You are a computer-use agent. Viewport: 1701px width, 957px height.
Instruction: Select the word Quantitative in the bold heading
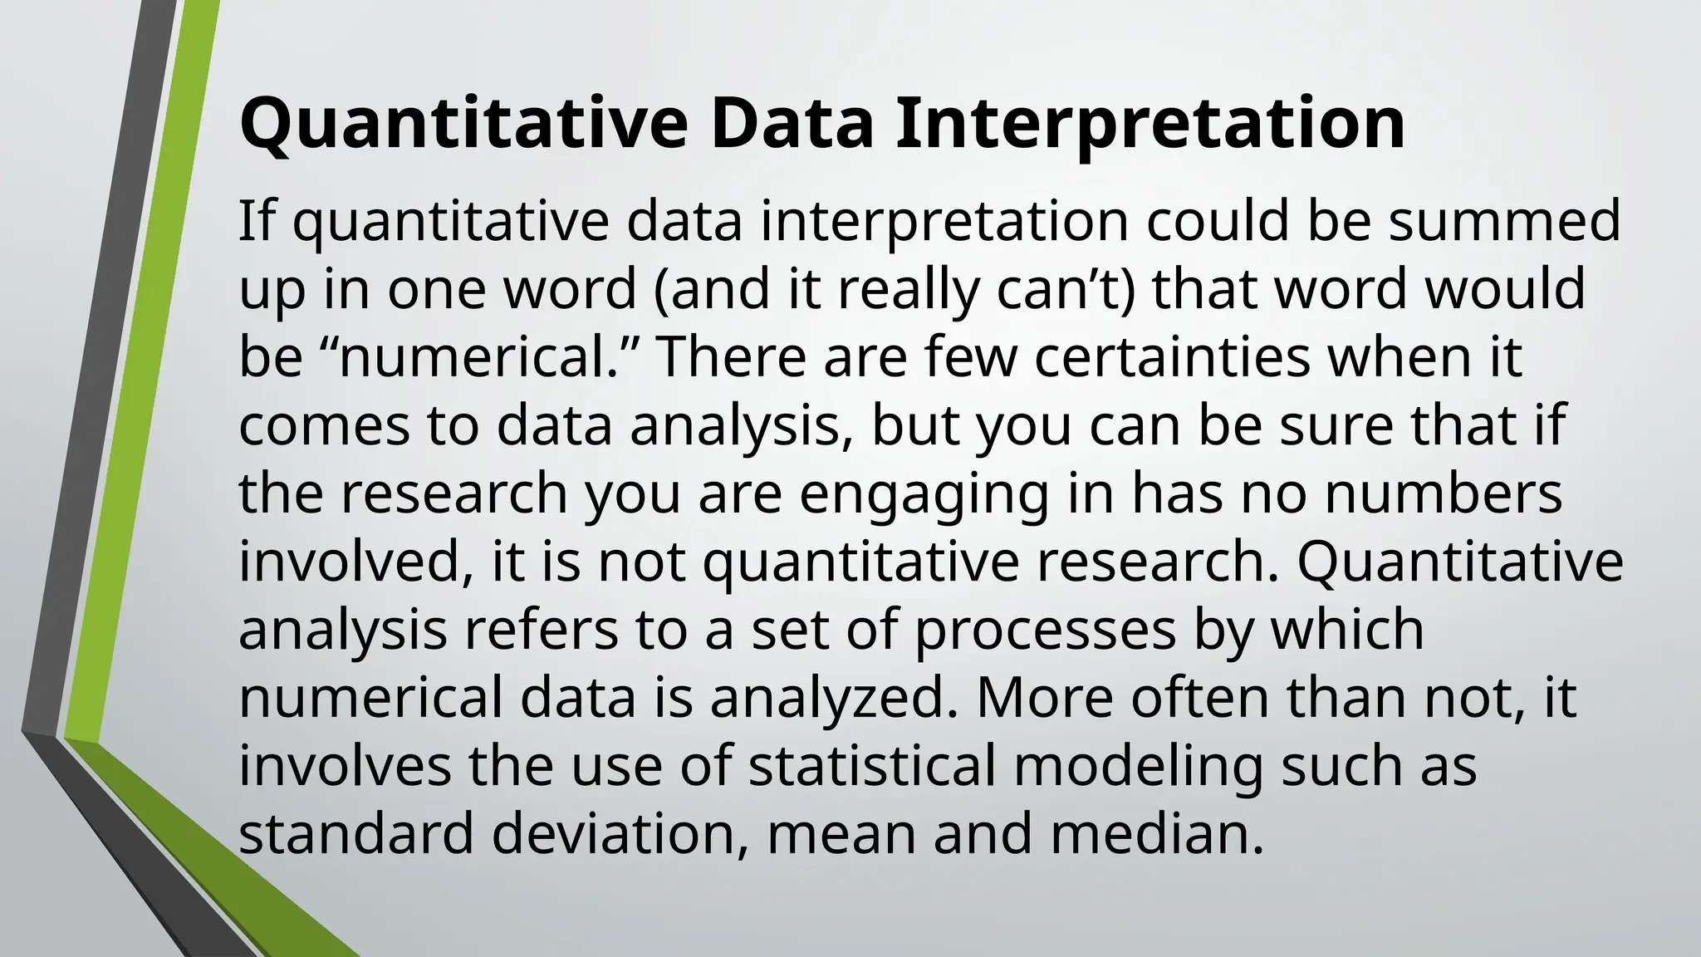(x=463, y=125)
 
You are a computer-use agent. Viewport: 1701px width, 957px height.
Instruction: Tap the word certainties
(x=1173, y=357)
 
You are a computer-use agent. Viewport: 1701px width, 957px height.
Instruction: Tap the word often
(x=1197, y=698)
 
